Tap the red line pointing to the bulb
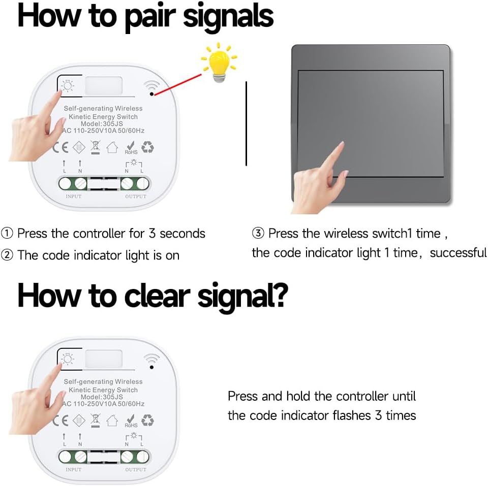178,84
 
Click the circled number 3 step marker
258,233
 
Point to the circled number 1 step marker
7,233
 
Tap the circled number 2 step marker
7,255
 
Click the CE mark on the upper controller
60,147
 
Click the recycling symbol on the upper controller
147,147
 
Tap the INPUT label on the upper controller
73,197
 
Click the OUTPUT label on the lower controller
136,470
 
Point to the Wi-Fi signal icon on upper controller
151,85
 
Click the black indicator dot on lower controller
151,367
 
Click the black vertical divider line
246,123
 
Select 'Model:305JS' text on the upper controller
102,124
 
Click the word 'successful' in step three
458,253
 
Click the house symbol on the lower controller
112,420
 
